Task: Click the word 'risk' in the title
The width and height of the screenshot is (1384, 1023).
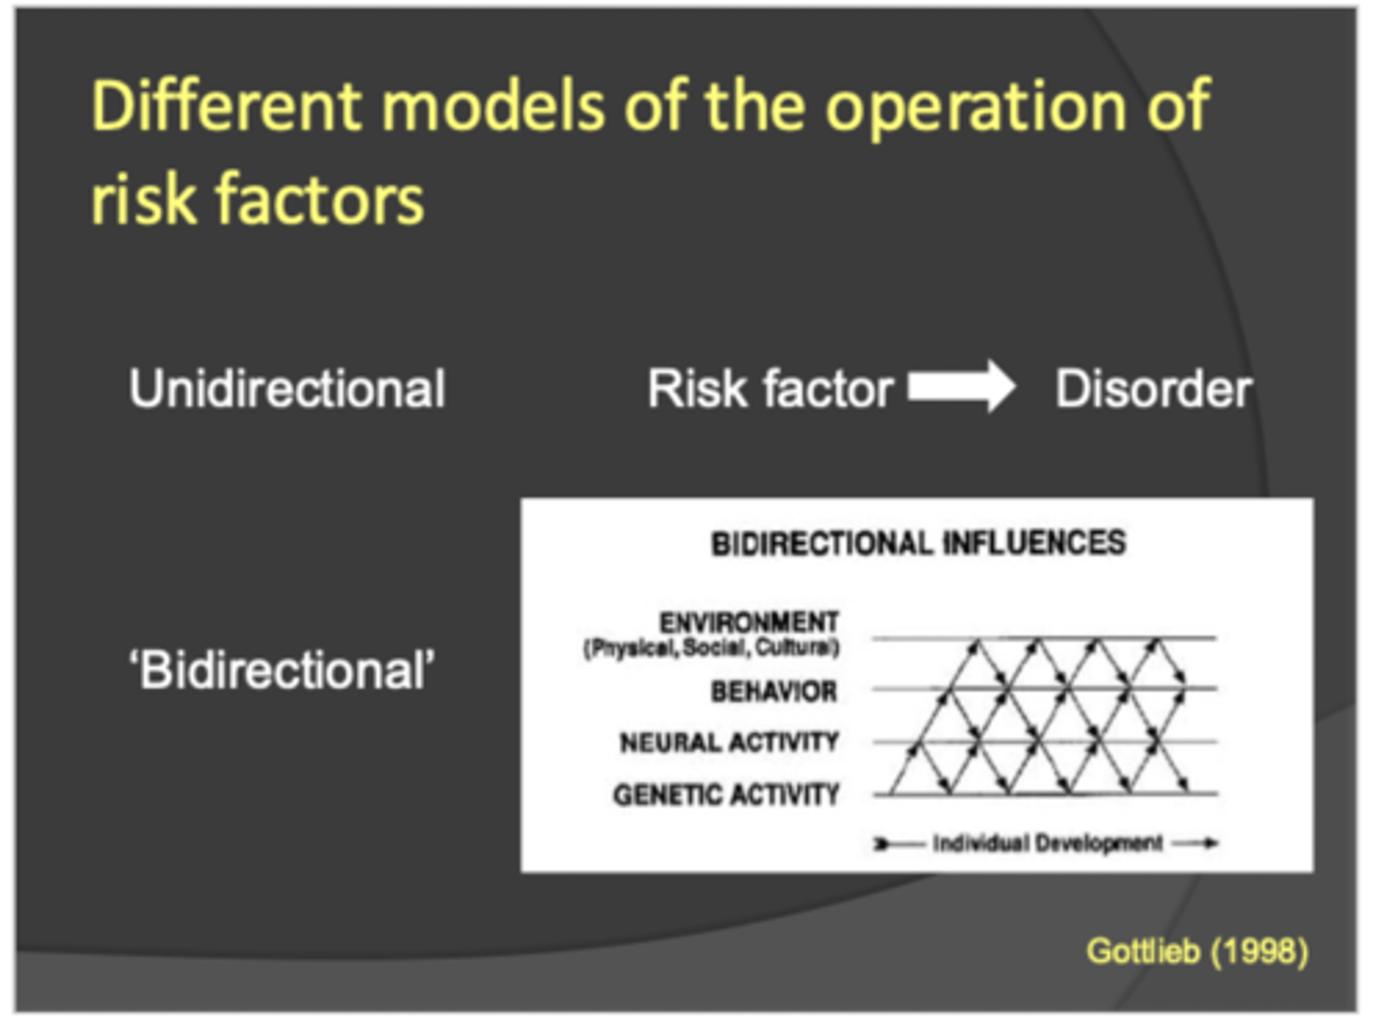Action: pyautogui.click(x=140, y=199)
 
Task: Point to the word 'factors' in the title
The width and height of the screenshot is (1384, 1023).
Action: pyautogui.click(x=319, y=199)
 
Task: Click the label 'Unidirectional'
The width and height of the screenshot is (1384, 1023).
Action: pyautogui.click(x=286, y=389)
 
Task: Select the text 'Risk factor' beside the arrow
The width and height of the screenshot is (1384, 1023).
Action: pyautogui.click(x=770, y=389)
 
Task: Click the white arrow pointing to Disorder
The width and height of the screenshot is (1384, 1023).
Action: pyautogui.click(x=961, y=387)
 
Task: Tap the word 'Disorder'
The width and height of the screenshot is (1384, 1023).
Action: pyautogui.click(x=1152, y=389)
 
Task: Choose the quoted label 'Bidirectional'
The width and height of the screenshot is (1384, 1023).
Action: pyautogui.click(x=282, y=670)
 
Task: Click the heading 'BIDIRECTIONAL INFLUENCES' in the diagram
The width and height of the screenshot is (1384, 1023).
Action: pyautogui.click(x=918, y=544)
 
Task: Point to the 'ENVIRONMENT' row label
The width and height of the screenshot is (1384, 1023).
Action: pyautogui.click(x=749, y=621)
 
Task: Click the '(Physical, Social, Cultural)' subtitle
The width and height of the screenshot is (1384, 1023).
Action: pyautogui.click(x=711, y=648)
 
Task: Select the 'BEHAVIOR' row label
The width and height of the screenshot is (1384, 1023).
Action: pyautogui.click(x=774, y=692)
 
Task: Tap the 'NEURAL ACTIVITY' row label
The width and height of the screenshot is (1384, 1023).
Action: pyautogui.click(x=729, y=743)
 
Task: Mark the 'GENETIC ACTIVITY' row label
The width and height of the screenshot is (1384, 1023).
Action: pyautogui.click(x=726, y=795)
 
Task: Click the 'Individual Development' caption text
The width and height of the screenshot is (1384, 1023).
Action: pyautogui.click(x=1047, y=843)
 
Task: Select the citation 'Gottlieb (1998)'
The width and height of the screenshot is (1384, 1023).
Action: pyautogui.click(x=1197, y=951)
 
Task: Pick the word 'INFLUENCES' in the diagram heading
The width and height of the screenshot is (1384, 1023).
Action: pyautogui.click(x=1034, y=544)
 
